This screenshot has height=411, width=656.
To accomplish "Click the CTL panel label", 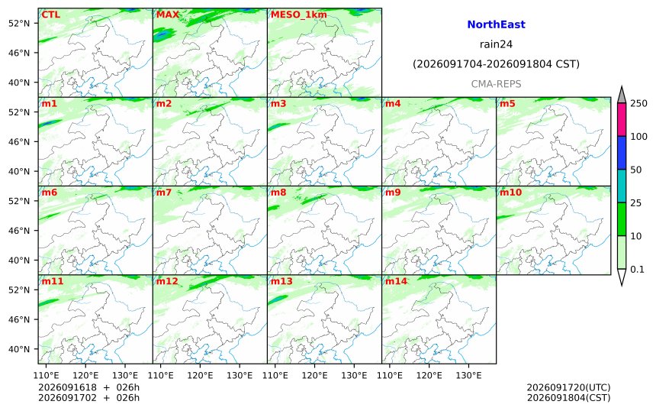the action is pos(50,15).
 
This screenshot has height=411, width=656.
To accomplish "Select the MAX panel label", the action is pos(167,15).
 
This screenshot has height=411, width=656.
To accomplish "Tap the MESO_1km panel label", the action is pos(299,15).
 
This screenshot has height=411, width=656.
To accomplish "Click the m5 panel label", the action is pos(507,103).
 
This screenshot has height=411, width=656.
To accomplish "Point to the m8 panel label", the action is pos(278,193).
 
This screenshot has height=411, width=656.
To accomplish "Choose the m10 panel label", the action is pos(511,193).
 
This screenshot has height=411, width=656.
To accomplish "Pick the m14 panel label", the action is pos(396,281).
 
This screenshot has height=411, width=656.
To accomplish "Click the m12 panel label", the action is pos(167,281).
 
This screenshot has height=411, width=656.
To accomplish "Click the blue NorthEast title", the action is pos(496,24).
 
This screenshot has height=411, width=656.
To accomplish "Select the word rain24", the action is pos(496,44).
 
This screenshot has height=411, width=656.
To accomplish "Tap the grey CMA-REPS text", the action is pos(496,84).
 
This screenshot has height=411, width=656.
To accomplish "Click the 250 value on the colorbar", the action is pos(638,103).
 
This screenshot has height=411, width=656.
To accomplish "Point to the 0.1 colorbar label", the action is pos(637,270).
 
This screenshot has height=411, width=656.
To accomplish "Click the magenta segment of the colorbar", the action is pos(622,119).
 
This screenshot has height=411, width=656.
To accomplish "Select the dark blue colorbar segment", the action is pos(622,153).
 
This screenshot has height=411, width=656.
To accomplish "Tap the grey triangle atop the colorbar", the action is pos(622,95).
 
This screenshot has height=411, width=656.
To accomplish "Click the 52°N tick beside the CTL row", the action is pos(19,23).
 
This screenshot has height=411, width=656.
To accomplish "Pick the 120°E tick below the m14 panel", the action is pos(429,375).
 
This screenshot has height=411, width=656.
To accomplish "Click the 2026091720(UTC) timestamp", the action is pos(568,387).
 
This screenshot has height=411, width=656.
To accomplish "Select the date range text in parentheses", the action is pos(496,64).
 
